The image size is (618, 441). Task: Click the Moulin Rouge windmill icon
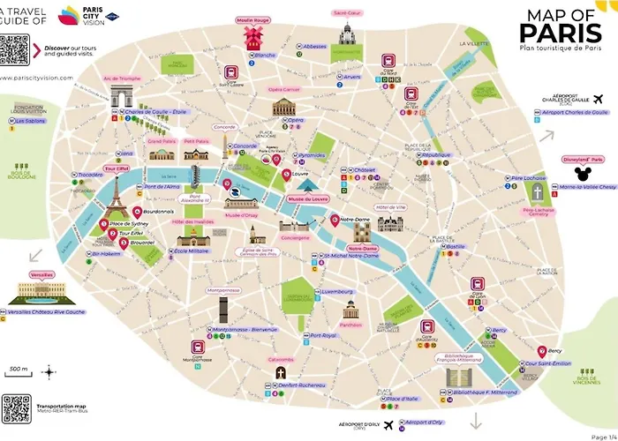253,38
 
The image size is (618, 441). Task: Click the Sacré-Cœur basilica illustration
346,34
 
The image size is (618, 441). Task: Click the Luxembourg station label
337,290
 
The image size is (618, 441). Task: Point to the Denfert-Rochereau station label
294,385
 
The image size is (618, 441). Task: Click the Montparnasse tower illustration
223,310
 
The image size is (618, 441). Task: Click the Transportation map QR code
16,408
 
